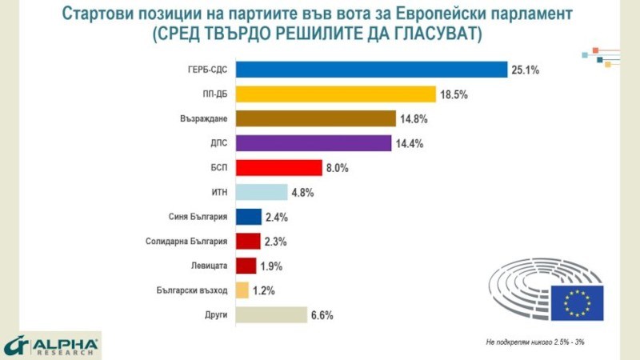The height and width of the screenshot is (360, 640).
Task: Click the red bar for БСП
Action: pos(276,168)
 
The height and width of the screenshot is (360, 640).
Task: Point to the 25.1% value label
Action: pos(526,70)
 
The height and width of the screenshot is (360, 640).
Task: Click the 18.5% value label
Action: pos(453,95)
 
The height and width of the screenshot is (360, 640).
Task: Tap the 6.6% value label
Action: pos(322,315)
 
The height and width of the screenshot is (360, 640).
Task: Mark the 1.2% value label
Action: pos(265,290)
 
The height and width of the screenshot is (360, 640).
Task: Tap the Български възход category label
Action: pos(192,290)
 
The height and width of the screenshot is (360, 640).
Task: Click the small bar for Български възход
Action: pos(242,290)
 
